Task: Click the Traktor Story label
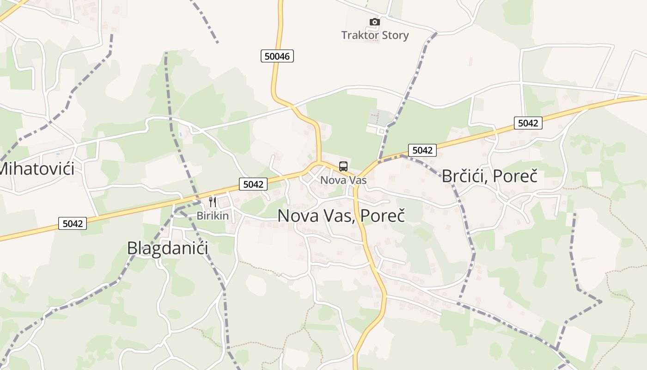coord(375,35)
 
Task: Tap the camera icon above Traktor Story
coord(375,22)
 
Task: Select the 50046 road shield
coord(277,56)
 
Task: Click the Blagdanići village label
coord(167,248)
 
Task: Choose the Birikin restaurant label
coord(213,216)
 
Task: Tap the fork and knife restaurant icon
coord(213,202)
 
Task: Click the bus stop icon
coord(343,166)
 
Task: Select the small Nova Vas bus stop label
coord(343,180)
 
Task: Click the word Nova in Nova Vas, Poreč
coord(298,216)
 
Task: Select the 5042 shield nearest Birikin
coord(253,184)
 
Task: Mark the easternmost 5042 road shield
coord(528,123)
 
